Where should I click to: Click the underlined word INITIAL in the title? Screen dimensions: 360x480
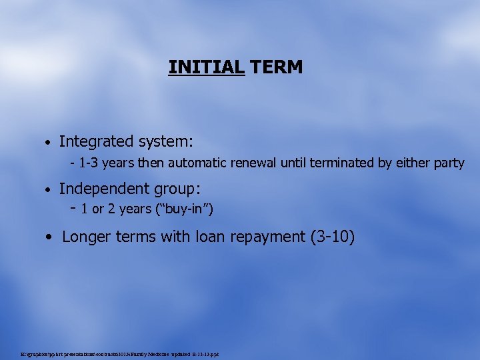tap(207, 67)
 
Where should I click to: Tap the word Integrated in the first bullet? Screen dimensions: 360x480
tap(97, 141)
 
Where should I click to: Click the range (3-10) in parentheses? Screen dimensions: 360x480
tap(333, 236)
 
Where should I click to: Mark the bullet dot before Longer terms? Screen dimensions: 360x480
tap(51, 237)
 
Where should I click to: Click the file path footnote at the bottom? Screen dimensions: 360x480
tap(120, 354)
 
